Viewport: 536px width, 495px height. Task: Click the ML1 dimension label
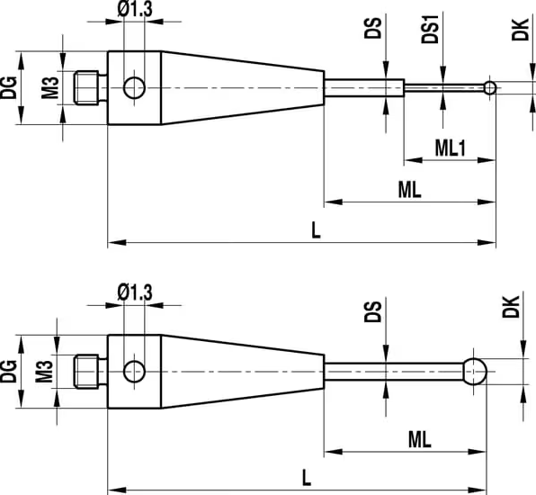click(451, 148)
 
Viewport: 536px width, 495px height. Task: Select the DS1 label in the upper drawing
click(430, 29)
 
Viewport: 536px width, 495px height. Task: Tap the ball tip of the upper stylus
click(490, 88)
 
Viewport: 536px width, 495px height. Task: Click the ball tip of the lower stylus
click(475, 371)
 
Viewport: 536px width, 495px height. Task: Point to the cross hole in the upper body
click(134, 88)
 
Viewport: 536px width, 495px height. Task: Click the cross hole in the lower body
click(134, 371)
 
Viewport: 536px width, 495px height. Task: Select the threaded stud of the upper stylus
click(90, 87)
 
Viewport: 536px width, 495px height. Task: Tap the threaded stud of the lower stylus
click(90, 371)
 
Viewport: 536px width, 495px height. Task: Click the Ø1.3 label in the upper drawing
click(135, 9)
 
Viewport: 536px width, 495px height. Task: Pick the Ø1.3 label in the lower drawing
click(135, 292)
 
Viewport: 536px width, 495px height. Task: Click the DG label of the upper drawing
click(9, 88)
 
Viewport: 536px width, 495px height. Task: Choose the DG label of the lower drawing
click(9, 371)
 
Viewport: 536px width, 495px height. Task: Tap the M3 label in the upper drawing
click(50, 88)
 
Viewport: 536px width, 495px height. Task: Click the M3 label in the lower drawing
click(44, 372)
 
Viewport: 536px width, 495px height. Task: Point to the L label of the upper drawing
click(317, 229)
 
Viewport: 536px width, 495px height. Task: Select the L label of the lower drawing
click(307, 478)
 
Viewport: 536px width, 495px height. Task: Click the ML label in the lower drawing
click(419, 440)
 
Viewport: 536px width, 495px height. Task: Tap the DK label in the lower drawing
click(511, 307)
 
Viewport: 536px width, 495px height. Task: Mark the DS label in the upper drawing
click(372, 28)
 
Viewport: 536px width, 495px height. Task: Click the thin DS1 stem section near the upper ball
click(444, 88)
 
